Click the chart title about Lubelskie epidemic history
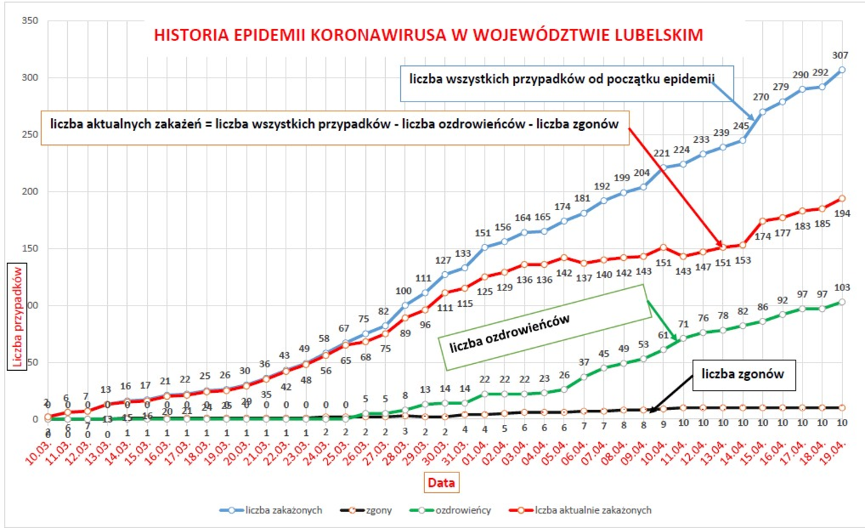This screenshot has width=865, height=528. (x=428, y=35)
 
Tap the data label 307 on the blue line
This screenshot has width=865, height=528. (x=840, y=55)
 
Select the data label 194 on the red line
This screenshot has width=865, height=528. (x=842, y=214)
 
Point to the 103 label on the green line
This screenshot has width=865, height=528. (x=841, y=286)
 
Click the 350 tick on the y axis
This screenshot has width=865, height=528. (x=29, y=21)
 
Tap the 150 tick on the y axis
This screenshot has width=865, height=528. (x=29, y=249)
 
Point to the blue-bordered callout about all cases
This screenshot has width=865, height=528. (x=562, y=80)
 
